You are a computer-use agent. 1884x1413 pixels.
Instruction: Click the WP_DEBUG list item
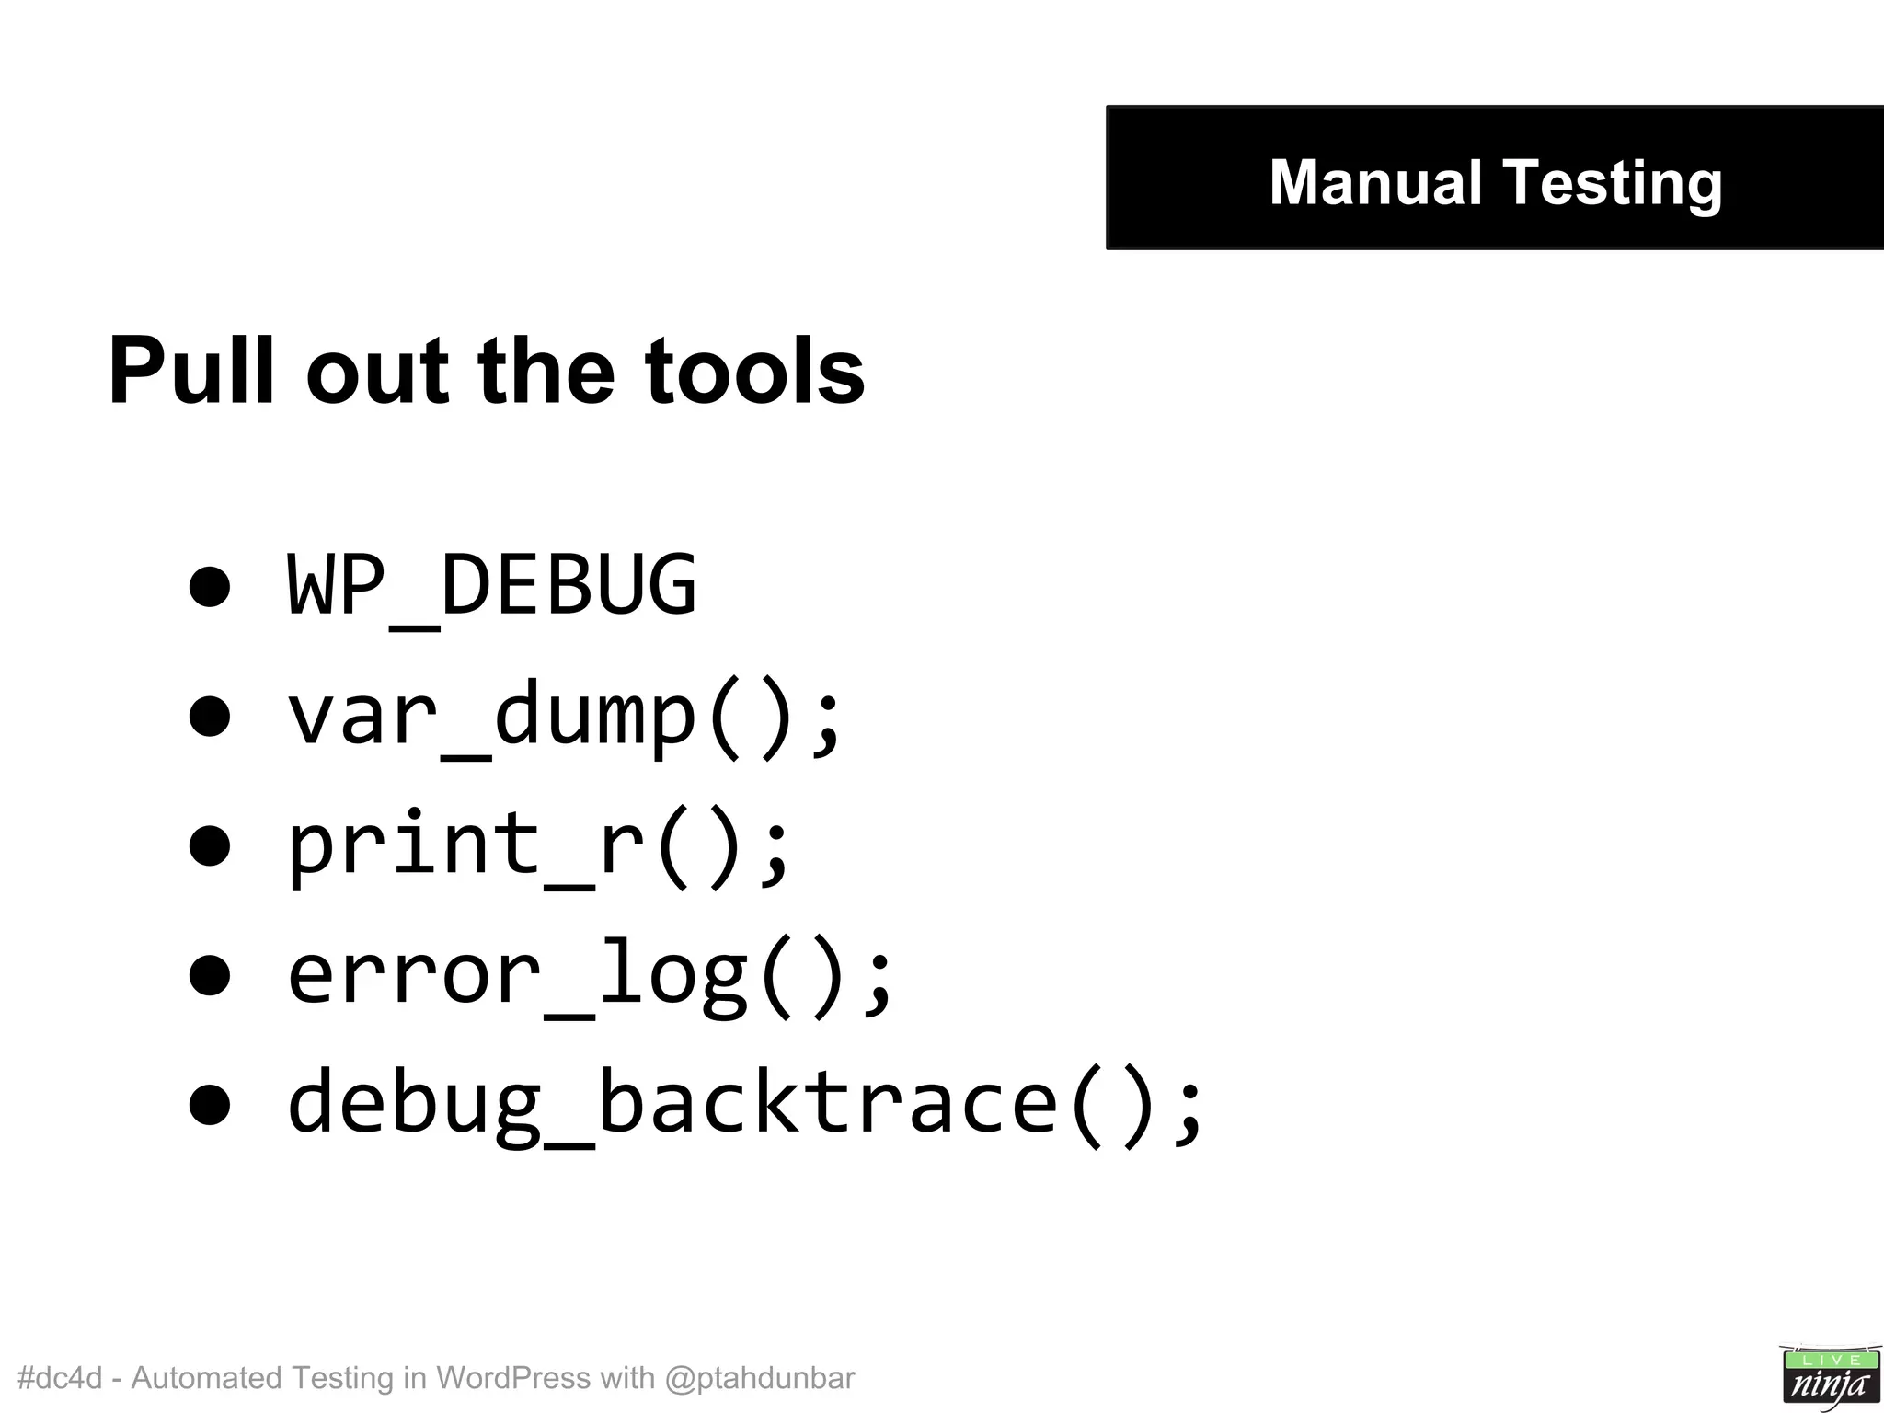tap(492, 585)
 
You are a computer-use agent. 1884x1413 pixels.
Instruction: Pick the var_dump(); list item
tap(564, 716)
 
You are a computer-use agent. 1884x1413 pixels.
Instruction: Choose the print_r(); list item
tap(538, 845)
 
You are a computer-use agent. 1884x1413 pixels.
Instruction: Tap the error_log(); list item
tap(590, 974)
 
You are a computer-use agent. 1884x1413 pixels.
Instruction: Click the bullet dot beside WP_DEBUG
tap(210, 586)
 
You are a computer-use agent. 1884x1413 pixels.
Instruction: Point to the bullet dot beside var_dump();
tap(210, 716)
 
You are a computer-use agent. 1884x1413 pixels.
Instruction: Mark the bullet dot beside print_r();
tap(210, 845)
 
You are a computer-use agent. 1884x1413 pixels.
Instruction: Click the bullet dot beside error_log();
tap(210, 975)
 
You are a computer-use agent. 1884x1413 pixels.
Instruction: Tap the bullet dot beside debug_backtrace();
tap(210, 1104)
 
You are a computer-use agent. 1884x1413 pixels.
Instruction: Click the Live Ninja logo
tap(1829, 1376)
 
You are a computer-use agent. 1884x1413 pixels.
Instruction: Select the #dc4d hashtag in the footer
tap(60, 1378)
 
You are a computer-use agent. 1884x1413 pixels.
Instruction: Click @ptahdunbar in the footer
tap(759, 1378)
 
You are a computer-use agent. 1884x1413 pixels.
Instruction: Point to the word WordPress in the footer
tap(513, 1378)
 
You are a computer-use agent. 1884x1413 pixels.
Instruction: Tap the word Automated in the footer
tap(206, 1378)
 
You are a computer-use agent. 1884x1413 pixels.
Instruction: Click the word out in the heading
tap(377, 371)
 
